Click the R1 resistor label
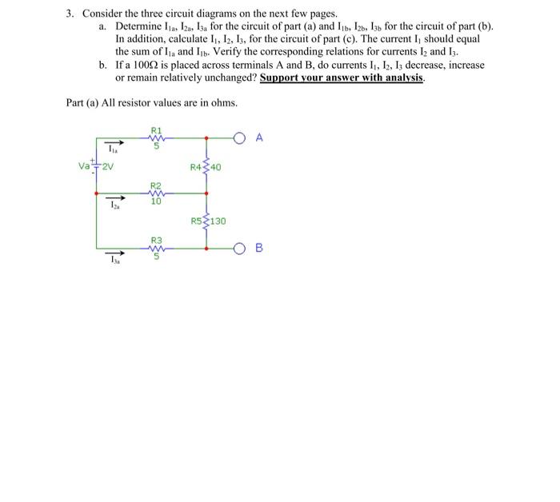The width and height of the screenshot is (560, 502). click(x=156, y=129)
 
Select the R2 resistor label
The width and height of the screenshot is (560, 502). click(x=156, y=184)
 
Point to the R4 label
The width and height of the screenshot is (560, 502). click(x=197, y=167)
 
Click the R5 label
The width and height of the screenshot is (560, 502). click(x=197, y=221)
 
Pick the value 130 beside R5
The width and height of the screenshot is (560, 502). click(x=218, y=221)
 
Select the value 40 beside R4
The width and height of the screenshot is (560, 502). click(x=216, y=167)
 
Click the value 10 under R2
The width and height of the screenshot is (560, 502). click(x=156, y=201)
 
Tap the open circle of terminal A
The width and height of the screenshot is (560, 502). click(x=239, y=137)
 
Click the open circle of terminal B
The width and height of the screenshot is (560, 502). click(x=239, y=248)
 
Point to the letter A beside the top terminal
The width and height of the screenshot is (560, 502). click(x=258, y=137)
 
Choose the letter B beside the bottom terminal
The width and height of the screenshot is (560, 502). click(x=258, y=248)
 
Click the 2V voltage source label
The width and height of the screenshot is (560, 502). click(x=107, y=166)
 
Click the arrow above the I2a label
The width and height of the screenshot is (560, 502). click(x=116, y=198)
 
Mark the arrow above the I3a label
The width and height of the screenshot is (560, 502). click(x=116, y=253)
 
